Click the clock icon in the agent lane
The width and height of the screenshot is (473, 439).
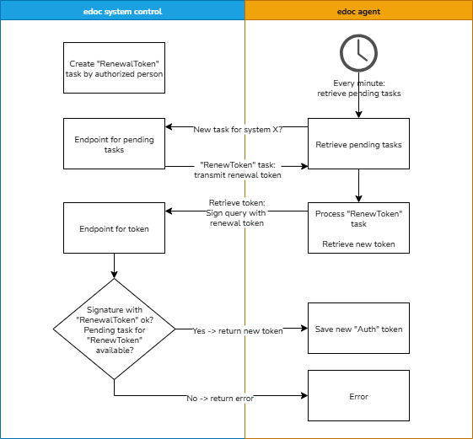[358, 53]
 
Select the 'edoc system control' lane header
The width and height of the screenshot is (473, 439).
[123, 11]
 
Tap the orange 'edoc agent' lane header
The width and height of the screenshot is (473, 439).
[358, 11]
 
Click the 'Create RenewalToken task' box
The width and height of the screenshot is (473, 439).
[114, 68]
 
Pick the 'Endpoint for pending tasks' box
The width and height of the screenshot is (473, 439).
[114, 144]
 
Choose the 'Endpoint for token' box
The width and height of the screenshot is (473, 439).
[114, 228]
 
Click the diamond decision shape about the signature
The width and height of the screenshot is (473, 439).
[114, 329]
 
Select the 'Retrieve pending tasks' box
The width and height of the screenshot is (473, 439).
[358, 144]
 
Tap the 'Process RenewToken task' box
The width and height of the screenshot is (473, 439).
[358, 228]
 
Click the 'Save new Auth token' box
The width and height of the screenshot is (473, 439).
[358, 329]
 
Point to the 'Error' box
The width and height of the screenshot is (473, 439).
[358, 396]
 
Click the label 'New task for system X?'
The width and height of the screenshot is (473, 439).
[237, 130]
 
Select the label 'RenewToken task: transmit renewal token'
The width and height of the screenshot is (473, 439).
[237, 169]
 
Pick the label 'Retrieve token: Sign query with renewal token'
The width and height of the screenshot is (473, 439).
[237, 212]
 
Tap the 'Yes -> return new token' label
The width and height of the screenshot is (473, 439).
[237, 331]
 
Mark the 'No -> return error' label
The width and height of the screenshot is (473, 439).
[220, 398]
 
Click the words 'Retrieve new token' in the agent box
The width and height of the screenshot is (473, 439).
[358, 244]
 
